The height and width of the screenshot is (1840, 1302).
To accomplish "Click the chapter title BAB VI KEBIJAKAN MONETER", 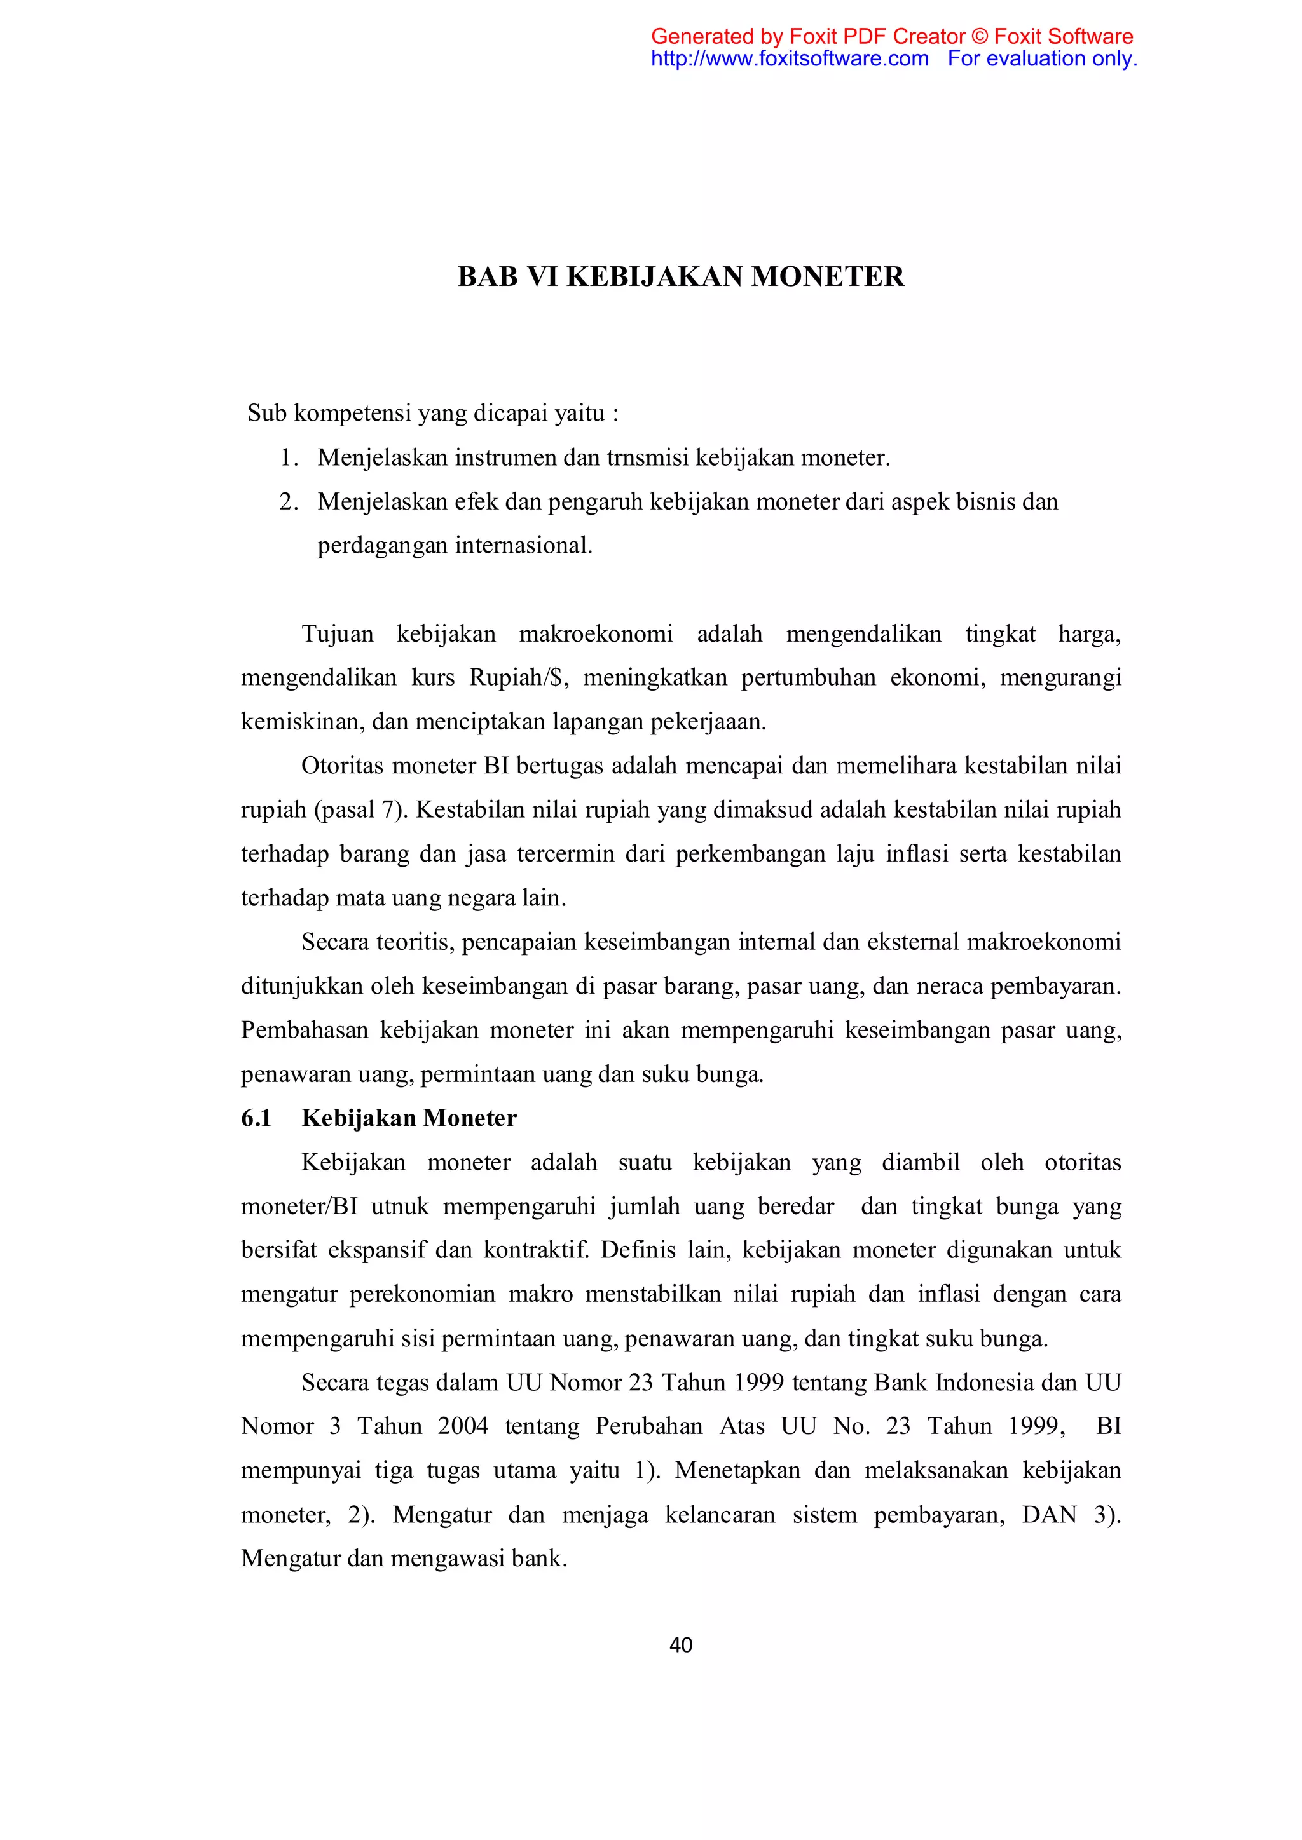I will (x=681, y=276).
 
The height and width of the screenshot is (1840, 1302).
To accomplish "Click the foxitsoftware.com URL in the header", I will (x=790, y=58).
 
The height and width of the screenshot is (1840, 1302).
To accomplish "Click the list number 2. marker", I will (x=289, y=502).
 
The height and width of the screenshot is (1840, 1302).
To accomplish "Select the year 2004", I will (x=463, y=1426).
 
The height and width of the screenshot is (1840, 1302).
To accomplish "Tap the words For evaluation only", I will (x=1042, y=58).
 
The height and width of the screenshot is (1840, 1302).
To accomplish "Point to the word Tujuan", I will (x=338, y=634).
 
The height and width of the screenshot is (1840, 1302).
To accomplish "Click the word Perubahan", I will (x=648, y=1426).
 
